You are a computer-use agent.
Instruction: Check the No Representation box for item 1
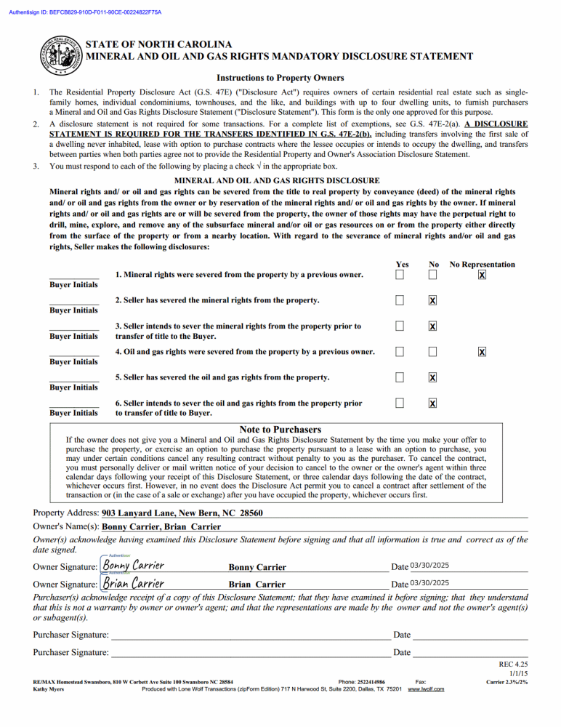(482, 276)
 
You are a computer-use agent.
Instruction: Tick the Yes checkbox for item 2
(400, 301)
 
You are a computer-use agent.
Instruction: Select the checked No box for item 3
(432, 327)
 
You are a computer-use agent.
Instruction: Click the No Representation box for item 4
(482, 353)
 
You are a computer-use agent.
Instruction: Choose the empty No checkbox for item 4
(432, 353)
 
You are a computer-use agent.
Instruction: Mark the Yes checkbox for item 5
(400, 378)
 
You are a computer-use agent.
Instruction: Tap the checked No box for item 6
(432, 403)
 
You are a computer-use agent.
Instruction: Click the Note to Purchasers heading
(280, 430)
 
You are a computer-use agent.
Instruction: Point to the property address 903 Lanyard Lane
(182, 513)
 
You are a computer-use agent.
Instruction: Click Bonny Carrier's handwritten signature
(133, 566)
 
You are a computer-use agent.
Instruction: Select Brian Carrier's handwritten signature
(132, 583)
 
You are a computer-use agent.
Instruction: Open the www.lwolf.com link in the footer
(427, 689)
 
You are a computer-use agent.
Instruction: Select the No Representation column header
(482, 265)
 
